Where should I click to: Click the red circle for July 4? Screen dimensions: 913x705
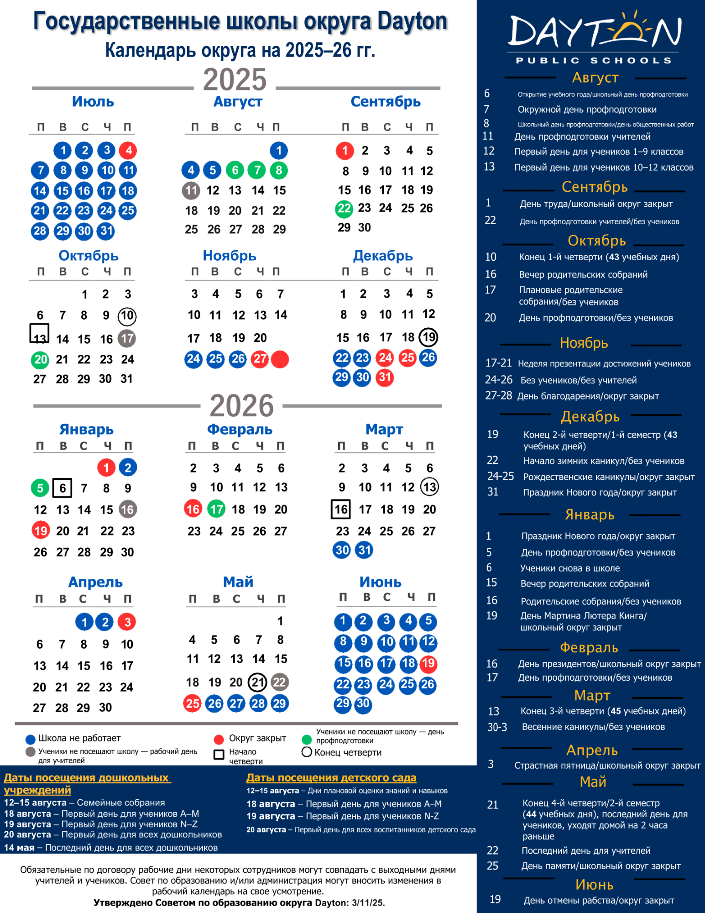pos(128,150)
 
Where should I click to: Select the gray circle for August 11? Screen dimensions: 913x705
pos(191,190)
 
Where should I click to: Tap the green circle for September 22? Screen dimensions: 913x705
pos(344,209)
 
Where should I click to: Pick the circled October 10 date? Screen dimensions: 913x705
pos(127,315)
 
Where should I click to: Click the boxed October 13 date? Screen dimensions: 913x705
pos(40,334)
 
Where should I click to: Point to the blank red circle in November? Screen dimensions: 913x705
pos(280,359)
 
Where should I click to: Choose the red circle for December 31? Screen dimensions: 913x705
pos(385,378)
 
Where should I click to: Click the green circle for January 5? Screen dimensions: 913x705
pos(40,488)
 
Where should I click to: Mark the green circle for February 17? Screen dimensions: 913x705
pos(217,509)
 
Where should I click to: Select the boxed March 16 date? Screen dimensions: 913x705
pos(341,509)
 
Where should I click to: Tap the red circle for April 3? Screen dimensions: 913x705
pos(127,622)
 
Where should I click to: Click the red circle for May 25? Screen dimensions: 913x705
pos(192,703)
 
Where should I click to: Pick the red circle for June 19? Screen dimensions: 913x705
pos(428,663)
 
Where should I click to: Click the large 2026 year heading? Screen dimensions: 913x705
pos(241,405)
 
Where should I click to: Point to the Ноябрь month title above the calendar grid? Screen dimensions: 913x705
pos(230,256)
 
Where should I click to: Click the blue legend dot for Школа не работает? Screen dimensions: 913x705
pos(31,739)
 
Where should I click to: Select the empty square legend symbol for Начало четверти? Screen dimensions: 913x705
pos(219,755)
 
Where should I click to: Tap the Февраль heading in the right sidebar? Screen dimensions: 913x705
pos(589,648)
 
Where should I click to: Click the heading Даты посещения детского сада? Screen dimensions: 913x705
pos(331,778)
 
